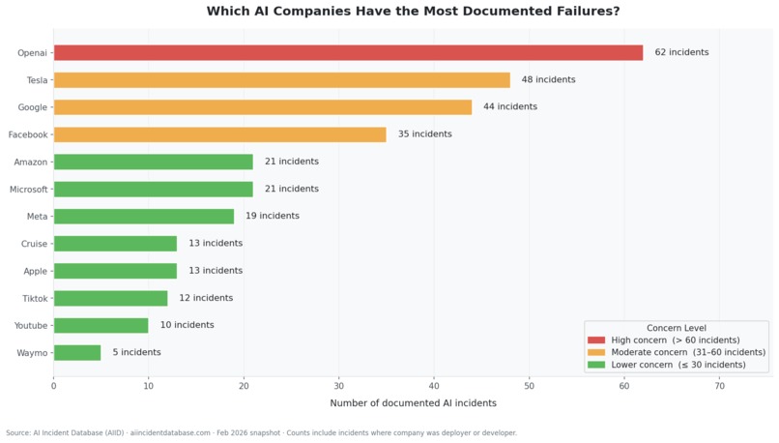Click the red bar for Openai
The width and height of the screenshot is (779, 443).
[x=348, y=52]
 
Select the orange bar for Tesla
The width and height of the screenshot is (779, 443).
[x=281, y=80]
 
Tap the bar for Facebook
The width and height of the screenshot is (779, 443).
[x=219, y=134]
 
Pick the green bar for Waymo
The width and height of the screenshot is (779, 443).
[x=77, y=353]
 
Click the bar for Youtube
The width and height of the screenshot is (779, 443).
[x=101, y=325]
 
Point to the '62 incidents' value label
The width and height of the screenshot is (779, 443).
[x=681, y=52]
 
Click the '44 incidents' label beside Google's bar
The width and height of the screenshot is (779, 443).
[x=510, y=106]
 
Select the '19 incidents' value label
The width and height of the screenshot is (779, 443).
[x=273, y=216]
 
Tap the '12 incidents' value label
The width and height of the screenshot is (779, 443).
[x=206, y=298]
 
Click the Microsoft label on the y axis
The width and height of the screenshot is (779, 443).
[x=28, y=190]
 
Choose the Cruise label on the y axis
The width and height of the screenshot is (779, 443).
[x=34, y=244]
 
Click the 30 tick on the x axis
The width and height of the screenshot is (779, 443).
[x=339, y=386]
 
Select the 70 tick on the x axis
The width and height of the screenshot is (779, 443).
[x=719, y=386]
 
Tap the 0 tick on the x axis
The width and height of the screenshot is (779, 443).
[x=53, y=386]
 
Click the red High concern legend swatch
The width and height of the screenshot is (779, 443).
[x=596, y=340]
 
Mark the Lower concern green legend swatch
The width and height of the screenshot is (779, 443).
[x=596, y=365]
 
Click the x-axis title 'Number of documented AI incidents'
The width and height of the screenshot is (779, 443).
[x=413, y=403]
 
